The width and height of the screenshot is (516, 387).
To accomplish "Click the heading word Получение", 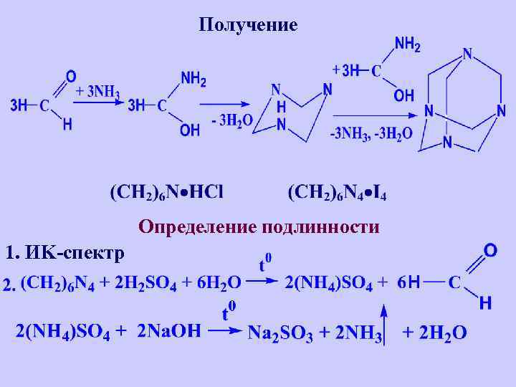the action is (x=247, y=26).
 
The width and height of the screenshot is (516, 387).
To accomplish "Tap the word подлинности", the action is (x=320, y=228).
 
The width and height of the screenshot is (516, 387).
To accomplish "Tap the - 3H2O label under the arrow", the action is (x=231, y=121).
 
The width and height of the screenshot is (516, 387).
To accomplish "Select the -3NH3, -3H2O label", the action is (x=371, y=133).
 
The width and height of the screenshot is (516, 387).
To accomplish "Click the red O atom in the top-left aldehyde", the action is (x=70, y=75).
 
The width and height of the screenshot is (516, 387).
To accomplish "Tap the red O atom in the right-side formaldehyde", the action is (x=491, y=250).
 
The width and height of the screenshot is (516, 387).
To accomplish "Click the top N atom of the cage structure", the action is (x=467, y=54).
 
